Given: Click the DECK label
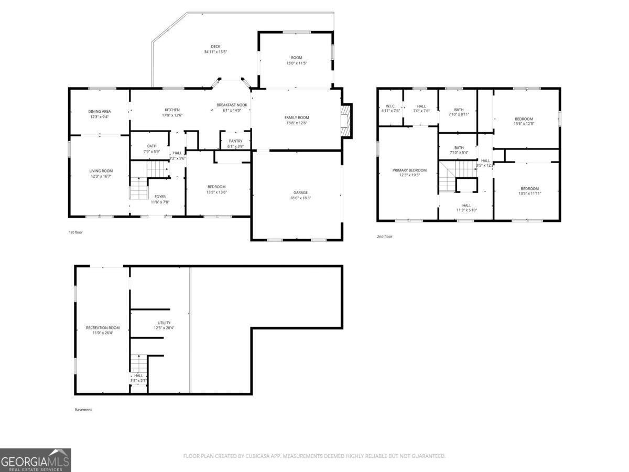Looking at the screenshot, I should point(215,47).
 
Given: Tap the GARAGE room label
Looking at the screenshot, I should point(300,192).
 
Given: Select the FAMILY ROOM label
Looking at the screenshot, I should point(297,117).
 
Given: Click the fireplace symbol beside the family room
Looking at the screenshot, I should point(345,121).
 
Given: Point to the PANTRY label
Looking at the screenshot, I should point(235,141).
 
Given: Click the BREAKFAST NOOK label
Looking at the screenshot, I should point(232,105).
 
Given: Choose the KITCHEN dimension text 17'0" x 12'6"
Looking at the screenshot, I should point(172,115).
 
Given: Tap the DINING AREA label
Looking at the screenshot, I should point(99,111).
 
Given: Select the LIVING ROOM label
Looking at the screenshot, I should point(101,171).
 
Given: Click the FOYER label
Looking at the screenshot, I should point(160,197).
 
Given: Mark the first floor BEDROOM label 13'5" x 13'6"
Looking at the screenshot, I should point(216,187).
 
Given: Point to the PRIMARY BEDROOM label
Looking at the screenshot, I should point(409,170).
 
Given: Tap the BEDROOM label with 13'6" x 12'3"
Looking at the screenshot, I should point(524,119).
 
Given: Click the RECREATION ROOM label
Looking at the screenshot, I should point(103,328).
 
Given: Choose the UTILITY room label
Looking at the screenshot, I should point(164,323).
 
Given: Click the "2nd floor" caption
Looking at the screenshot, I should point(384,237).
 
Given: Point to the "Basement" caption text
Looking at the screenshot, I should point(83,410).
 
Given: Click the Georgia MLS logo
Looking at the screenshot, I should point(36,460).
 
